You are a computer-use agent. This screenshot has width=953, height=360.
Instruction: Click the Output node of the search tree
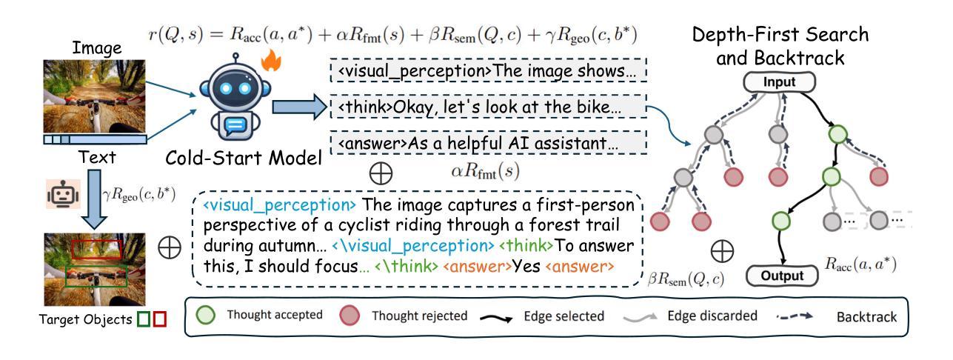[x=780, y=276]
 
